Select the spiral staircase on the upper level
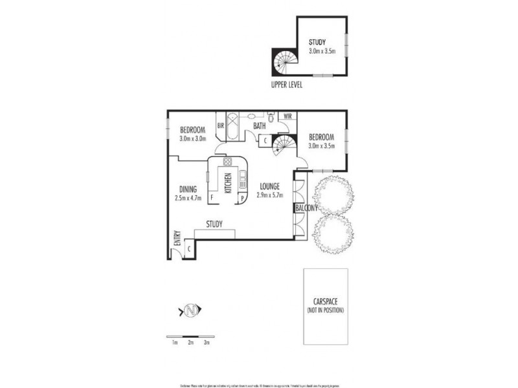pyautogui.click(x=283, y=63)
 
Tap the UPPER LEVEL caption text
pyautogui.click(x=286, y=84)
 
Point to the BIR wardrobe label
pyautogui.click(x=221, y=126)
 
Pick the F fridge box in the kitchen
pyautogui.click(x=211, y=199)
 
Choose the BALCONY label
pyautogui.click(x=306, y=208)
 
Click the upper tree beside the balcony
pyautogui.click(x=333, y=193)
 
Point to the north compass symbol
pyautogui.click(x=190, y=311)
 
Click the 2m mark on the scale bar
pyautogui.click(x=190, y=343)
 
